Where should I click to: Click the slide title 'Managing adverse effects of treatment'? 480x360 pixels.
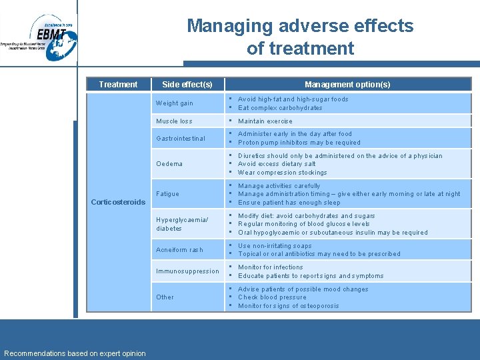300,37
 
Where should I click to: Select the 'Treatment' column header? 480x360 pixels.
118,85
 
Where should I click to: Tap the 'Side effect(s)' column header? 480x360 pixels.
187,85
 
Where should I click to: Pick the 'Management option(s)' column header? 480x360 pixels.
347,85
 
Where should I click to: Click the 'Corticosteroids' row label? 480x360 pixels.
117,202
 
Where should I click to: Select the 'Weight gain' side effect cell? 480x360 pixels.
174,103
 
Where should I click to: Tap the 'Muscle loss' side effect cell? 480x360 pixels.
173,121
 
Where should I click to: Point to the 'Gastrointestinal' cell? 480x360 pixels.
180,138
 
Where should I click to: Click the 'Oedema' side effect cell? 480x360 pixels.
169,164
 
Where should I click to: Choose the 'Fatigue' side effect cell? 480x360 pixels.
167,194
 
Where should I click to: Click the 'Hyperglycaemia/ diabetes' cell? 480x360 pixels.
181,224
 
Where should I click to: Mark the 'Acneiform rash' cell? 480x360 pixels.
179,250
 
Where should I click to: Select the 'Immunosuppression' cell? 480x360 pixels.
187,271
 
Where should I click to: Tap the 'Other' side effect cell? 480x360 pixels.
165,297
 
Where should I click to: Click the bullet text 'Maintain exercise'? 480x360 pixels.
265,121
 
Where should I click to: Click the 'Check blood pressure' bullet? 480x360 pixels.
272,297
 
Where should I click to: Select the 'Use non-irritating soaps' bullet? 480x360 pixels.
275,245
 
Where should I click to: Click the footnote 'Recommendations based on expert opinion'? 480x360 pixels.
75,353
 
